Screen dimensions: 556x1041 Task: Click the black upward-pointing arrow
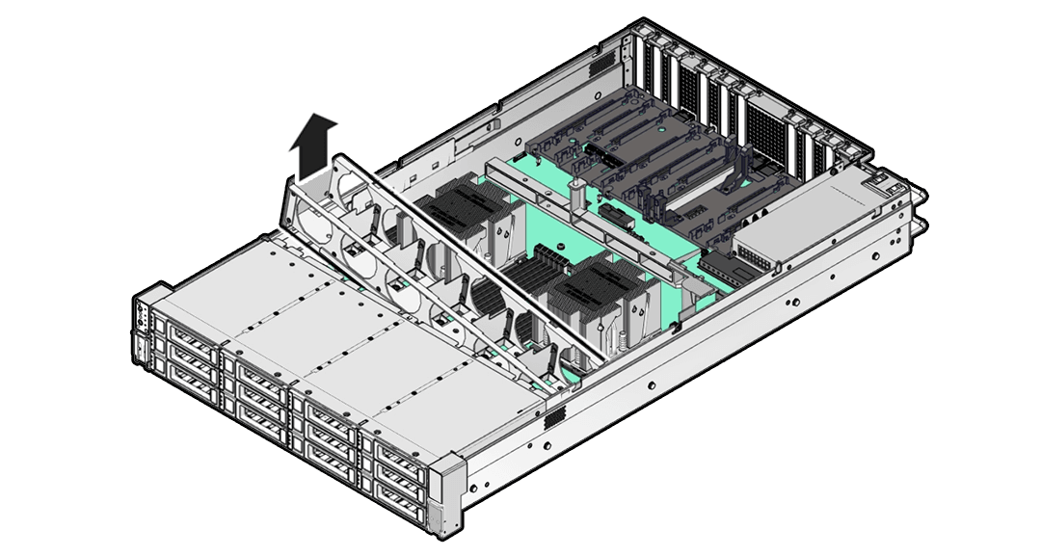point(315,146)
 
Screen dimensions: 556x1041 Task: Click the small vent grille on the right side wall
point(553,419)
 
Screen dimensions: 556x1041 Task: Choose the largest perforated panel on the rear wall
point(767,134)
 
